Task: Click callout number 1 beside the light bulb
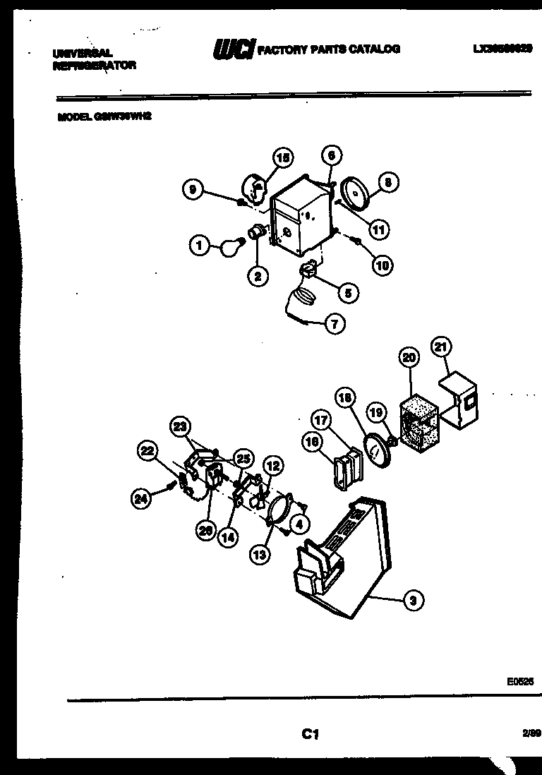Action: (x=199, y=246)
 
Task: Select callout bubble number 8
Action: (x=387, y=182)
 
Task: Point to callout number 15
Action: (x=283, y=159)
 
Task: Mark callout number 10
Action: (x=382, y=265)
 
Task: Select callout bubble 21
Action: (x=440, y=347)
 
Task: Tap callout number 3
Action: (x=414, y=601)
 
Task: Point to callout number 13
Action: (x=260, y=555)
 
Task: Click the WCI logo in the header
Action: (x=233, y=50)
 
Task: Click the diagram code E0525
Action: (x=519, y=683)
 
